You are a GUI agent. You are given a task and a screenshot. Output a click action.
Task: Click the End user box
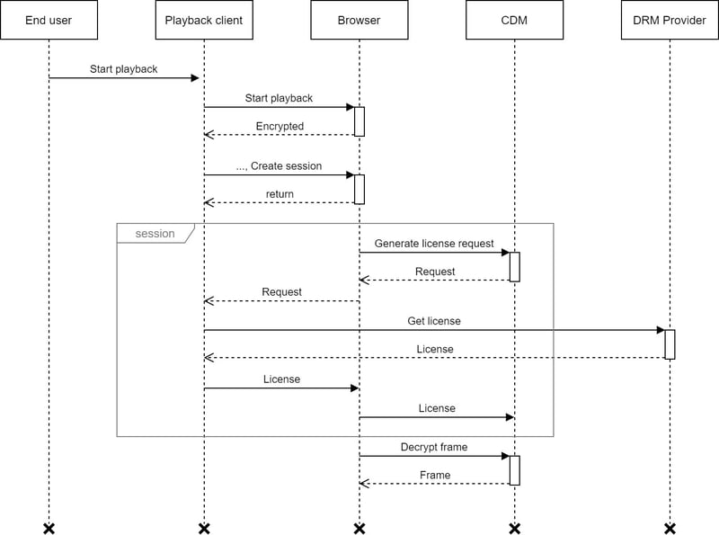coord(49,20)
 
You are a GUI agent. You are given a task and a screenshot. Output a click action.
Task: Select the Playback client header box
coord(204,20)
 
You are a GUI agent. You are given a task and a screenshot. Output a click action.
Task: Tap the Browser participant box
coord(359,20)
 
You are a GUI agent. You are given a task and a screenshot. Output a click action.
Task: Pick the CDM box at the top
coord(514,20)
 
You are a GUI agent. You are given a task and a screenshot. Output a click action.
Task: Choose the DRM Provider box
coord(670,20)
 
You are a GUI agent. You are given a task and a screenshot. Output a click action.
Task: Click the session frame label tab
coord(155,234)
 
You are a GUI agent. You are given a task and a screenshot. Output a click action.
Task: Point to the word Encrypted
coord(280,126)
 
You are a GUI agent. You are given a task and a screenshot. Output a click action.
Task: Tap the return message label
coord(280,194)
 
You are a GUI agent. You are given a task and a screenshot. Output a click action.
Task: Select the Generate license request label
coord(434,244)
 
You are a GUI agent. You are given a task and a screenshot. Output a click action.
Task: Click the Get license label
coord(434,321)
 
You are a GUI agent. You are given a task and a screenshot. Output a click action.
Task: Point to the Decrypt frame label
coord(434,447)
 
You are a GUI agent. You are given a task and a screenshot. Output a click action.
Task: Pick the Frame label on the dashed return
coord(435,475)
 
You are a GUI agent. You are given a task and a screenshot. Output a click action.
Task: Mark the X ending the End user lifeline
coord(49,529)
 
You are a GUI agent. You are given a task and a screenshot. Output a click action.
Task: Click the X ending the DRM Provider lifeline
coord(670,529)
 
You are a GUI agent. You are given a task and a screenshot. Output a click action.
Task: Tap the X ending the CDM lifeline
coord(514,529)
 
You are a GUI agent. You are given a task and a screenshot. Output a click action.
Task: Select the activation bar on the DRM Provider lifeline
coord(670,344)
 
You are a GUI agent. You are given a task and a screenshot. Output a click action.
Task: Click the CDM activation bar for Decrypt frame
coord(514,470)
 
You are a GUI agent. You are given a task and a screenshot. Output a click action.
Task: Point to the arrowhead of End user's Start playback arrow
coord(195,78)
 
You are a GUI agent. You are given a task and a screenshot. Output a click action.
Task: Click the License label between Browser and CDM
coord(437,408)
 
